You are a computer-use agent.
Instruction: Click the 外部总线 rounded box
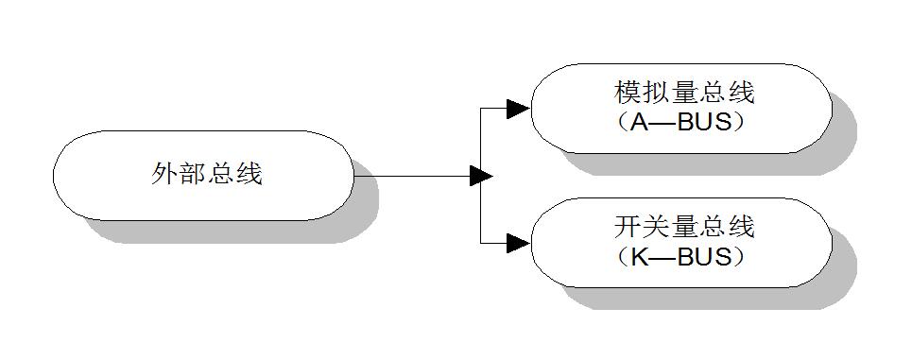(x=203, y=175)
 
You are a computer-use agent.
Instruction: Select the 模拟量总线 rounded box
(x=680, y=108)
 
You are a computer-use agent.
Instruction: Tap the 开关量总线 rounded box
(x=680, y=242)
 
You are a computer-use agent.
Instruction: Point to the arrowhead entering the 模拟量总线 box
(x=517, y=109)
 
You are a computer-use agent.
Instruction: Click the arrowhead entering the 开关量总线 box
(x=517, y=243)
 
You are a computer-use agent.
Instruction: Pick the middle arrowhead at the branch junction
(x=481, y=176)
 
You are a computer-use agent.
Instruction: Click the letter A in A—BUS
(x=636, y=123)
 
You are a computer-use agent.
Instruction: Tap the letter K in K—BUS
(x=636, y=257)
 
